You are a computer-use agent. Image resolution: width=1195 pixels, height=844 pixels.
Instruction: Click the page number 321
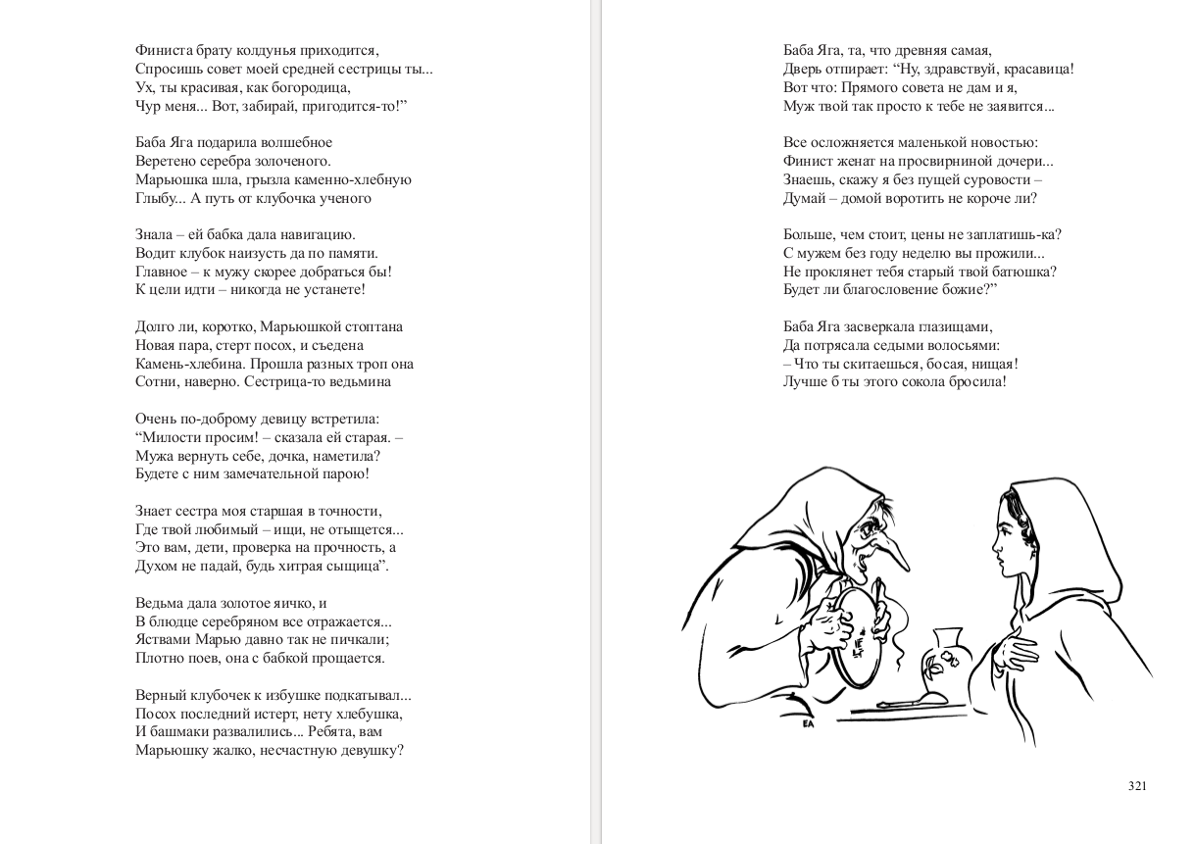point(1136,785)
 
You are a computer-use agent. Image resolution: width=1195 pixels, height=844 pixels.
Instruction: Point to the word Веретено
point(163,161)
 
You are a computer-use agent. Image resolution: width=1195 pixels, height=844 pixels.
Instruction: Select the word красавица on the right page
point(1039,69)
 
